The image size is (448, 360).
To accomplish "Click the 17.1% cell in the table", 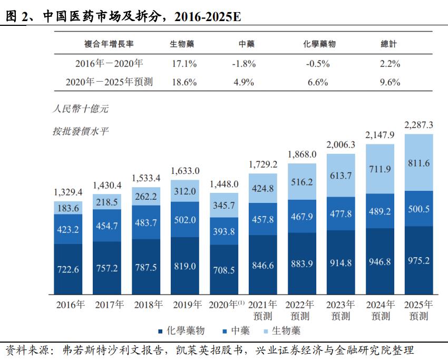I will (184, 64).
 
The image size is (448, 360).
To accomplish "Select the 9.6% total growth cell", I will (389, 82).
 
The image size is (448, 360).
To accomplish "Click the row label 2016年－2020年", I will (109, 64).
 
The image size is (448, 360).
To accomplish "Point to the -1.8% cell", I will (244, 64).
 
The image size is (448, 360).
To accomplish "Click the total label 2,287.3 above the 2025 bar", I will (418, 125).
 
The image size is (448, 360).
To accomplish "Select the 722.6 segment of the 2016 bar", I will (68, 269).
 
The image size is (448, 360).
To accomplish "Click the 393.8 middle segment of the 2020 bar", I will (224, 233).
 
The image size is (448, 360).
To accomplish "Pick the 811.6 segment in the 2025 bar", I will (418, 163).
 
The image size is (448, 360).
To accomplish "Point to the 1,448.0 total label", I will (224, 184).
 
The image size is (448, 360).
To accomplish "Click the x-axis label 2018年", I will (145, 304).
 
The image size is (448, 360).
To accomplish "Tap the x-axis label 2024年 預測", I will (380, 310).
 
